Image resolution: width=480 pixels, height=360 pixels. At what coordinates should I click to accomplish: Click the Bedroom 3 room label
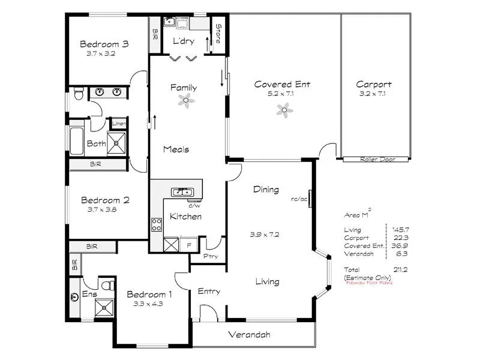[105, 44]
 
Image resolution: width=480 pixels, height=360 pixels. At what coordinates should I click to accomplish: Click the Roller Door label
[377, 160]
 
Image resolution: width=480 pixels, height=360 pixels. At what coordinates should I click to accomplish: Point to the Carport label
[374, 85]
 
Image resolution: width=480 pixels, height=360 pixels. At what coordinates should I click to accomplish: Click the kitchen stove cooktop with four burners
[156, 224]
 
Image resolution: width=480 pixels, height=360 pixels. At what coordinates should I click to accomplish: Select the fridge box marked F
[188, 245]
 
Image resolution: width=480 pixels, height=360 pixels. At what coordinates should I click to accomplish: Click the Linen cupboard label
[118, 124]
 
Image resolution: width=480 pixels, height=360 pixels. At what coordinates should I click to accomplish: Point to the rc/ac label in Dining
[299, 199]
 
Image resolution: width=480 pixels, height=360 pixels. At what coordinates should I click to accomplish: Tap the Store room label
[219, 33]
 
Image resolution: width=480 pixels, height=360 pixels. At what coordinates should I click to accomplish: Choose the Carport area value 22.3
[398, 238]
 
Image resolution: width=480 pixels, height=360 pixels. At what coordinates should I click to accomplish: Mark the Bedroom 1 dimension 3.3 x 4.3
[149, 304]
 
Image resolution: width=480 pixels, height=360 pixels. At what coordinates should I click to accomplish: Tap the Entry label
[209, 292]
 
